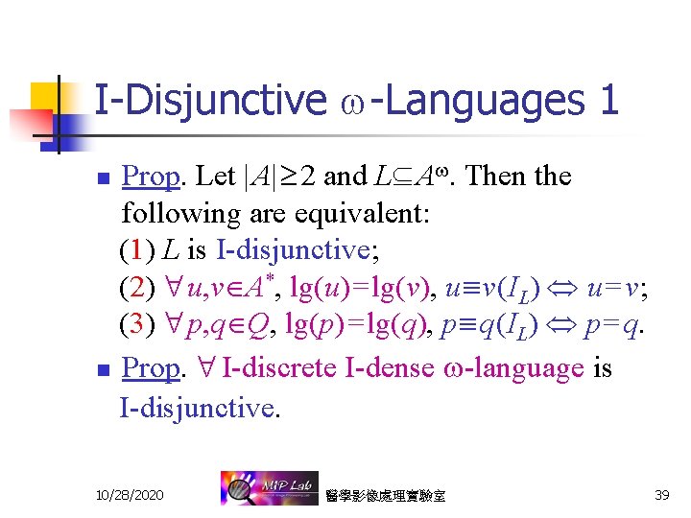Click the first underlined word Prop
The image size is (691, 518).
coord(152,177)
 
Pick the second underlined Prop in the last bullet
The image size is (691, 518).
coord(152,368)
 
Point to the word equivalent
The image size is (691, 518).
coord(360,213)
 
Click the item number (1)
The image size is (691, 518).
coord(138,251)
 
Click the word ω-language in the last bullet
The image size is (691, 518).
coord(516,368)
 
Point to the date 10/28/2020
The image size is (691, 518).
coord(130,495)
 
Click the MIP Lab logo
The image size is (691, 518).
coord(263,489)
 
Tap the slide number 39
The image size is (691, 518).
coord(660,495)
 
